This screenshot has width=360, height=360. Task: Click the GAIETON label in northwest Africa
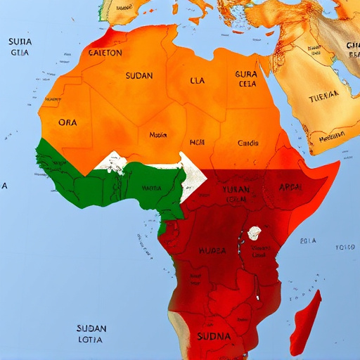tap(105, 52)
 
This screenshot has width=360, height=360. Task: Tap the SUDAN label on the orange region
tap(139, 75)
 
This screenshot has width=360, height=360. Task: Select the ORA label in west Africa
tap(67, 122)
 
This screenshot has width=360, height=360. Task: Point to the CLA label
tap(198, 80)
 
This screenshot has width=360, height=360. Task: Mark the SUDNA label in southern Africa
tap(214, 335)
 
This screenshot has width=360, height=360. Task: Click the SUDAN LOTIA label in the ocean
tap(92, 333)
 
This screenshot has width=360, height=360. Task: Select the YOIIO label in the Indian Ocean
tap(345, 247)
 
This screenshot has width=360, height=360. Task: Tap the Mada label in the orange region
tap(157, 134)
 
